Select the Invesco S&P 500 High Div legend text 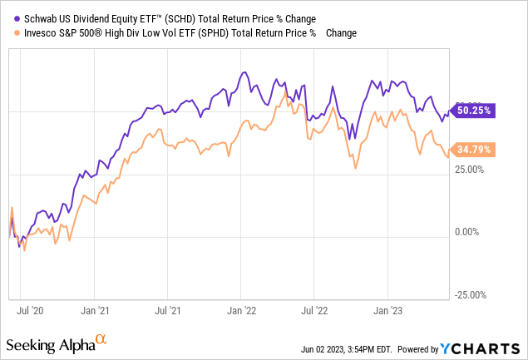[170, 32]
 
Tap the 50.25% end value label [471, 109]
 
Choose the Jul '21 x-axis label [167, 310]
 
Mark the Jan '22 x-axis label [241, 310]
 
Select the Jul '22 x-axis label [313, 310]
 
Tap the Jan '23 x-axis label [387, 310]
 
